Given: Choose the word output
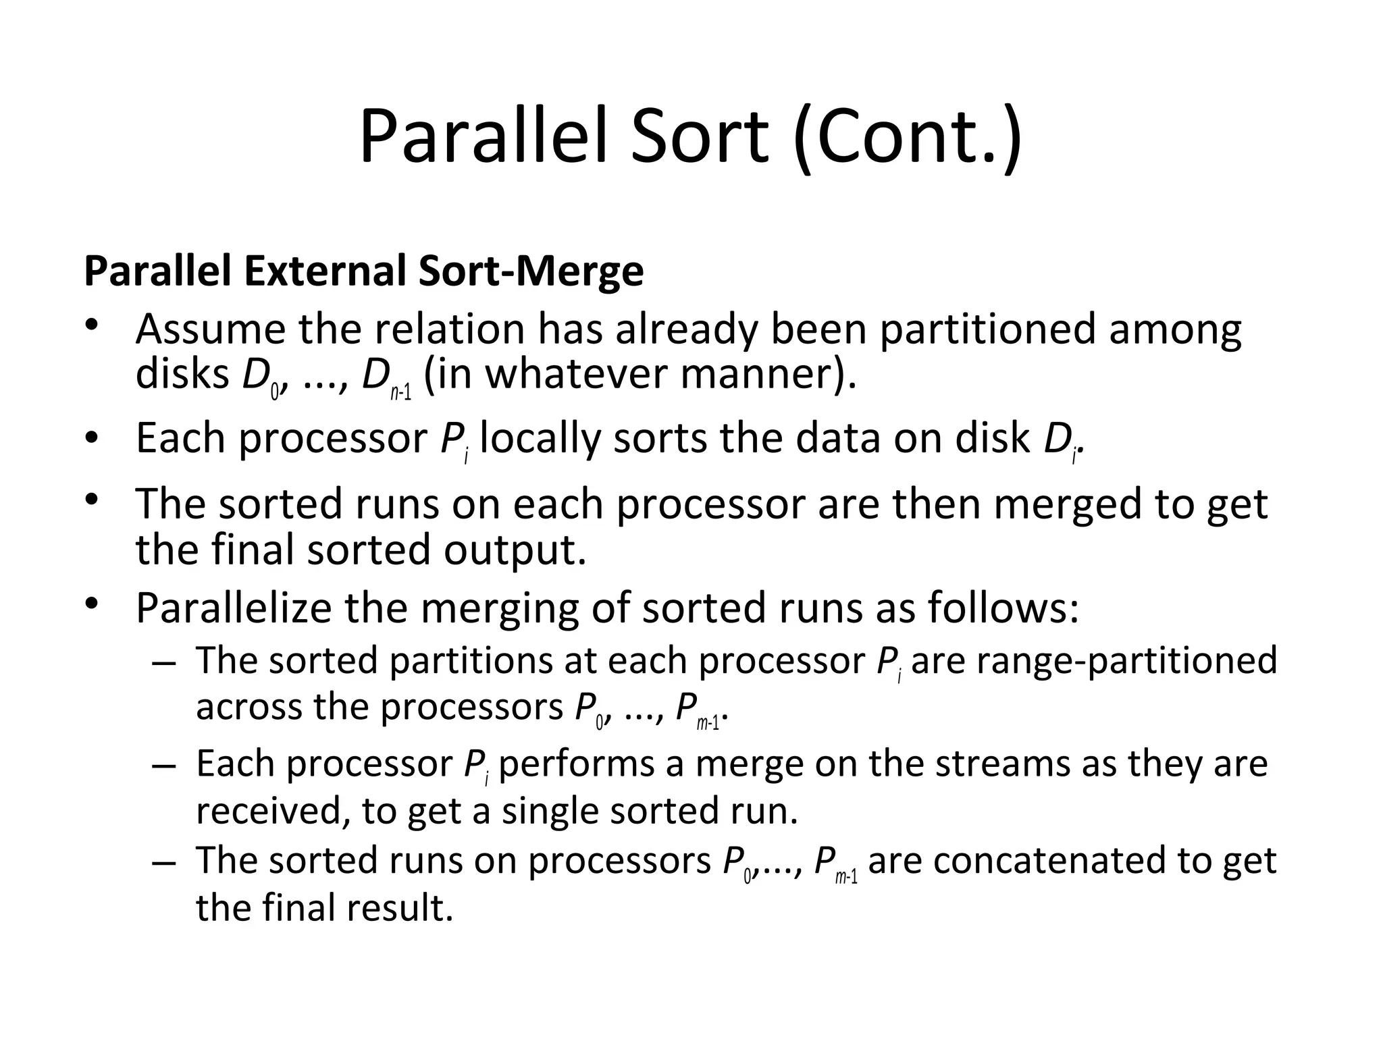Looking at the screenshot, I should [515, 550].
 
